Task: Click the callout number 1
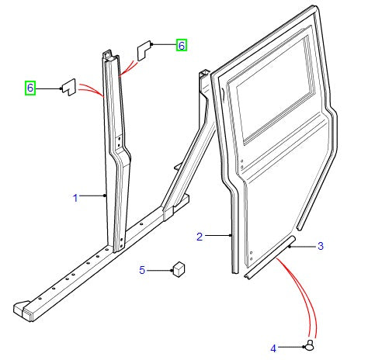click(75, 198)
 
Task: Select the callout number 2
click(200, 237)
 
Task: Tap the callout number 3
click(321, 246)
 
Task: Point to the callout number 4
click(273, 348)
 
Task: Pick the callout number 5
click(142, 270)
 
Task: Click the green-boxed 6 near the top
click(182, 45)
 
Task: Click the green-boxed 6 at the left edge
click(30, 88)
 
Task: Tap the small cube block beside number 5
click(179, 269)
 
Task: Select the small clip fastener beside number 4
click(310, 345)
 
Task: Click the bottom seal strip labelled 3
click(269, 258)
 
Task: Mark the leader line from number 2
click(217, 235)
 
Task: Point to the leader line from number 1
click(92, 196)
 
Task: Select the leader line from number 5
click(160, 271)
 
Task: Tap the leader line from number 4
click(291, 347)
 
